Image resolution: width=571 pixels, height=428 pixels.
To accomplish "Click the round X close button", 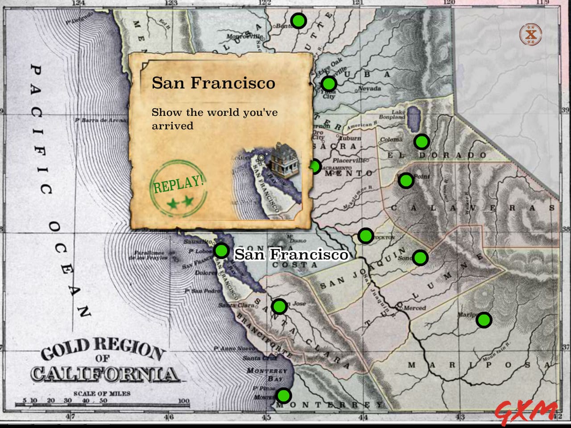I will point(530,34).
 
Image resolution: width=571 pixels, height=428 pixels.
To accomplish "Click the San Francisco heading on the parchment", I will point(213,83).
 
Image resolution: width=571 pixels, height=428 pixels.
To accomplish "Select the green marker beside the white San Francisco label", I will point(221,250).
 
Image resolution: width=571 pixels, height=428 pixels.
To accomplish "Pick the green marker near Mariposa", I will point(484,320).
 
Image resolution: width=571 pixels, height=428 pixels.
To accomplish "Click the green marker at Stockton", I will point(365,235).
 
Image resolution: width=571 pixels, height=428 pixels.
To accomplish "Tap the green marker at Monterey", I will point(283,395).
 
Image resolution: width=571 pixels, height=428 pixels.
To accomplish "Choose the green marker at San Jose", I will point(279,306).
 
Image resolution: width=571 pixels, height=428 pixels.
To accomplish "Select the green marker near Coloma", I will point(421,141).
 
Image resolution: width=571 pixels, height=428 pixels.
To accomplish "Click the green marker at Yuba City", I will point(329,83).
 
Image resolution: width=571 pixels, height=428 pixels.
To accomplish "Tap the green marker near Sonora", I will point(420,257).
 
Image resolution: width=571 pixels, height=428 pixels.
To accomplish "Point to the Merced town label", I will point(414,308).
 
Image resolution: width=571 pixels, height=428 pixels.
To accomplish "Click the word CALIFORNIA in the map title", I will point(104,374).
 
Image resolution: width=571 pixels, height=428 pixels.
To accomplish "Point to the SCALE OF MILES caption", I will point(102,393).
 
